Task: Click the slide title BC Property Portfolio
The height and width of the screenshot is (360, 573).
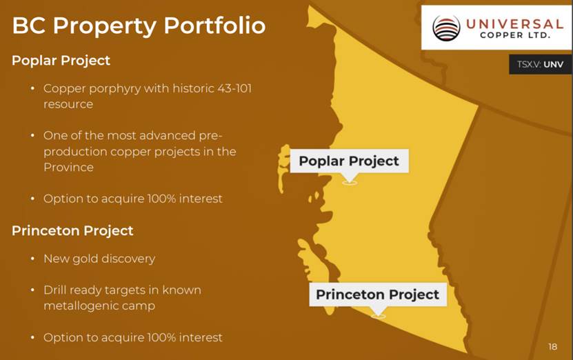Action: (139, 26)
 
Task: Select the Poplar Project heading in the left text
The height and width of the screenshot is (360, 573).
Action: (61, 61)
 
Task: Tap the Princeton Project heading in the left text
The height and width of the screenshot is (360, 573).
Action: (72, 231)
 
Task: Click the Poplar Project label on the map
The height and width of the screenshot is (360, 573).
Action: (349, 161)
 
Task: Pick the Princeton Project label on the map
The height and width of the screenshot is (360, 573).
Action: (377, 294)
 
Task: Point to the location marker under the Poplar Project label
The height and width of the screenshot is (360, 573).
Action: (350, 182)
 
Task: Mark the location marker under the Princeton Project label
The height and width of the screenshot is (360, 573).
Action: (379, 315)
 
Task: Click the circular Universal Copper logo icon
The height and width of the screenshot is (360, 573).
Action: (446, 28)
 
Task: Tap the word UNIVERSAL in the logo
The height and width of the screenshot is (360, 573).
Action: (514, 24)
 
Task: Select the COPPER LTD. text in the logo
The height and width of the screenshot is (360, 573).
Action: (515, 35)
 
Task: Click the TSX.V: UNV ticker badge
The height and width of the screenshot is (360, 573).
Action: (540, 64)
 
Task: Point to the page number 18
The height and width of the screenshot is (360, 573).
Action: (552, 346)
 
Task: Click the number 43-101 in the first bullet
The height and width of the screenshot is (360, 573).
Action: (234, 88)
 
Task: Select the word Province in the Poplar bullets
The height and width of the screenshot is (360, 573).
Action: (69, 168)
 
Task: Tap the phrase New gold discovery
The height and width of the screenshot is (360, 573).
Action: (99, 259)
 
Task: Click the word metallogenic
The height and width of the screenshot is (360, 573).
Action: (81, 306)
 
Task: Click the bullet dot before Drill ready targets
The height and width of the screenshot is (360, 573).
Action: (32, 290)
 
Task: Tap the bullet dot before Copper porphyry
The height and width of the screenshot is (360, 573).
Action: (32, 88)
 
